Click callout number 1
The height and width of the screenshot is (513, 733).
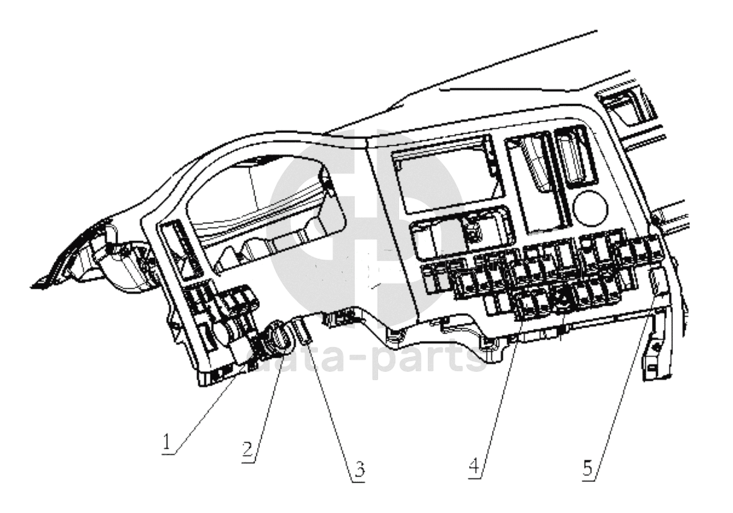coord(167,442)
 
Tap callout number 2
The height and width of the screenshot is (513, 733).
coord(248,450)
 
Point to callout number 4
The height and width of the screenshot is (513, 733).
coord(474,466)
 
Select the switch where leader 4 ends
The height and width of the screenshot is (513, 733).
coord(528,306)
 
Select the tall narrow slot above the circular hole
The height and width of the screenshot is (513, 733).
coord(575,156)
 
